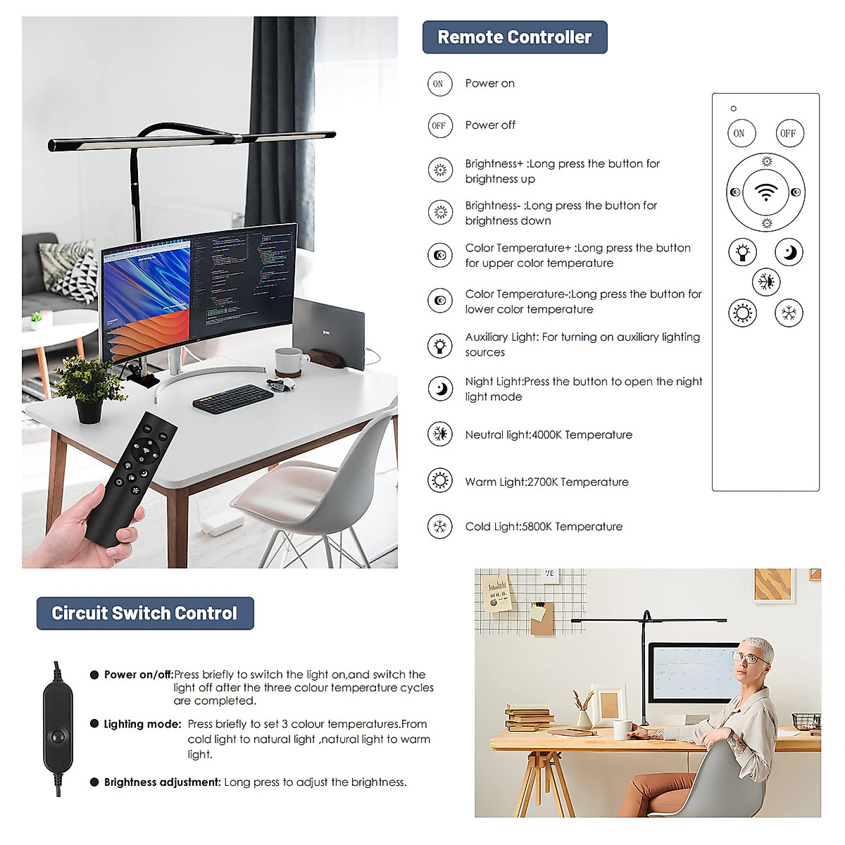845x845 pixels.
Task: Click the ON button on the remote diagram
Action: click(739, 133)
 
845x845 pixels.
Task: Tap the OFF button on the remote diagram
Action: click(788, 133)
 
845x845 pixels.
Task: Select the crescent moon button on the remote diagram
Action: click(789, 251)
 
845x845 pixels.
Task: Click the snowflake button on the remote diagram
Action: click(789, 313)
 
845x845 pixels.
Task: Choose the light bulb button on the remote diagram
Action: click(742, 251)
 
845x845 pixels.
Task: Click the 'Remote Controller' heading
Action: click(515, 37)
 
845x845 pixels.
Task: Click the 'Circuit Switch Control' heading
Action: click(145, 613)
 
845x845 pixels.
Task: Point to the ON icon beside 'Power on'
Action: click(439, 84)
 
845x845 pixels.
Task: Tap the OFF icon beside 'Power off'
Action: click(439, 125)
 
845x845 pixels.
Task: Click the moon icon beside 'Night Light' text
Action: click(440, 388)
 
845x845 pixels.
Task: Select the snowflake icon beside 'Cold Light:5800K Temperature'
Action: click(440, 526)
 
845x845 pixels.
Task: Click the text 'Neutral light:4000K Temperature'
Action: click(549, 435)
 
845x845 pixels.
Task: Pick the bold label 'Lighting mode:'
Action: click(143, 724)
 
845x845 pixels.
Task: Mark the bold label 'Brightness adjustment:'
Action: click(163, 782)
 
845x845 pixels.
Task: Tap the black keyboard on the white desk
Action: click(233, 399)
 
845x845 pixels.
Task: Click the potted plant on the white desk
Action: click(89, 387)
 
